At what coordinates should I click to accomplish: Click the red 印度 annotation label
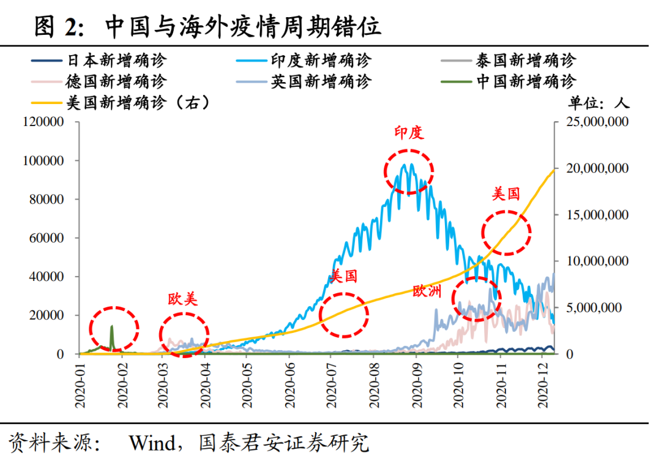click(x=409, y=133)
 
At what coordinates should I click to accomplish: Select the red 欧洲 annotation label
click(x=427, y=291)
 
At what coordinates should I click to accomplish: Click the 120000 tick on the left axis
click(x=43, y=122)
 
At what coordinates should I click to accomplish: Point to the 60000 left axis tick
click(x=47, y=238)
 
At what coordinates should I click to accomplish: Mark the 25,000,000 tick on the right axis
click(x=592, y=122)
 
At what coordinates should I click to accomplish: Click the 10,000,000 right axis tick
click(x=592, y=261)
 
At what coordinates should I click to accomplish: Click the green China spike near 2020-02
click(x=111, y=334)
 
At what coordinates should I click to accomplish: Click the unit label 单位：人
click(x=599, y=102)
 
